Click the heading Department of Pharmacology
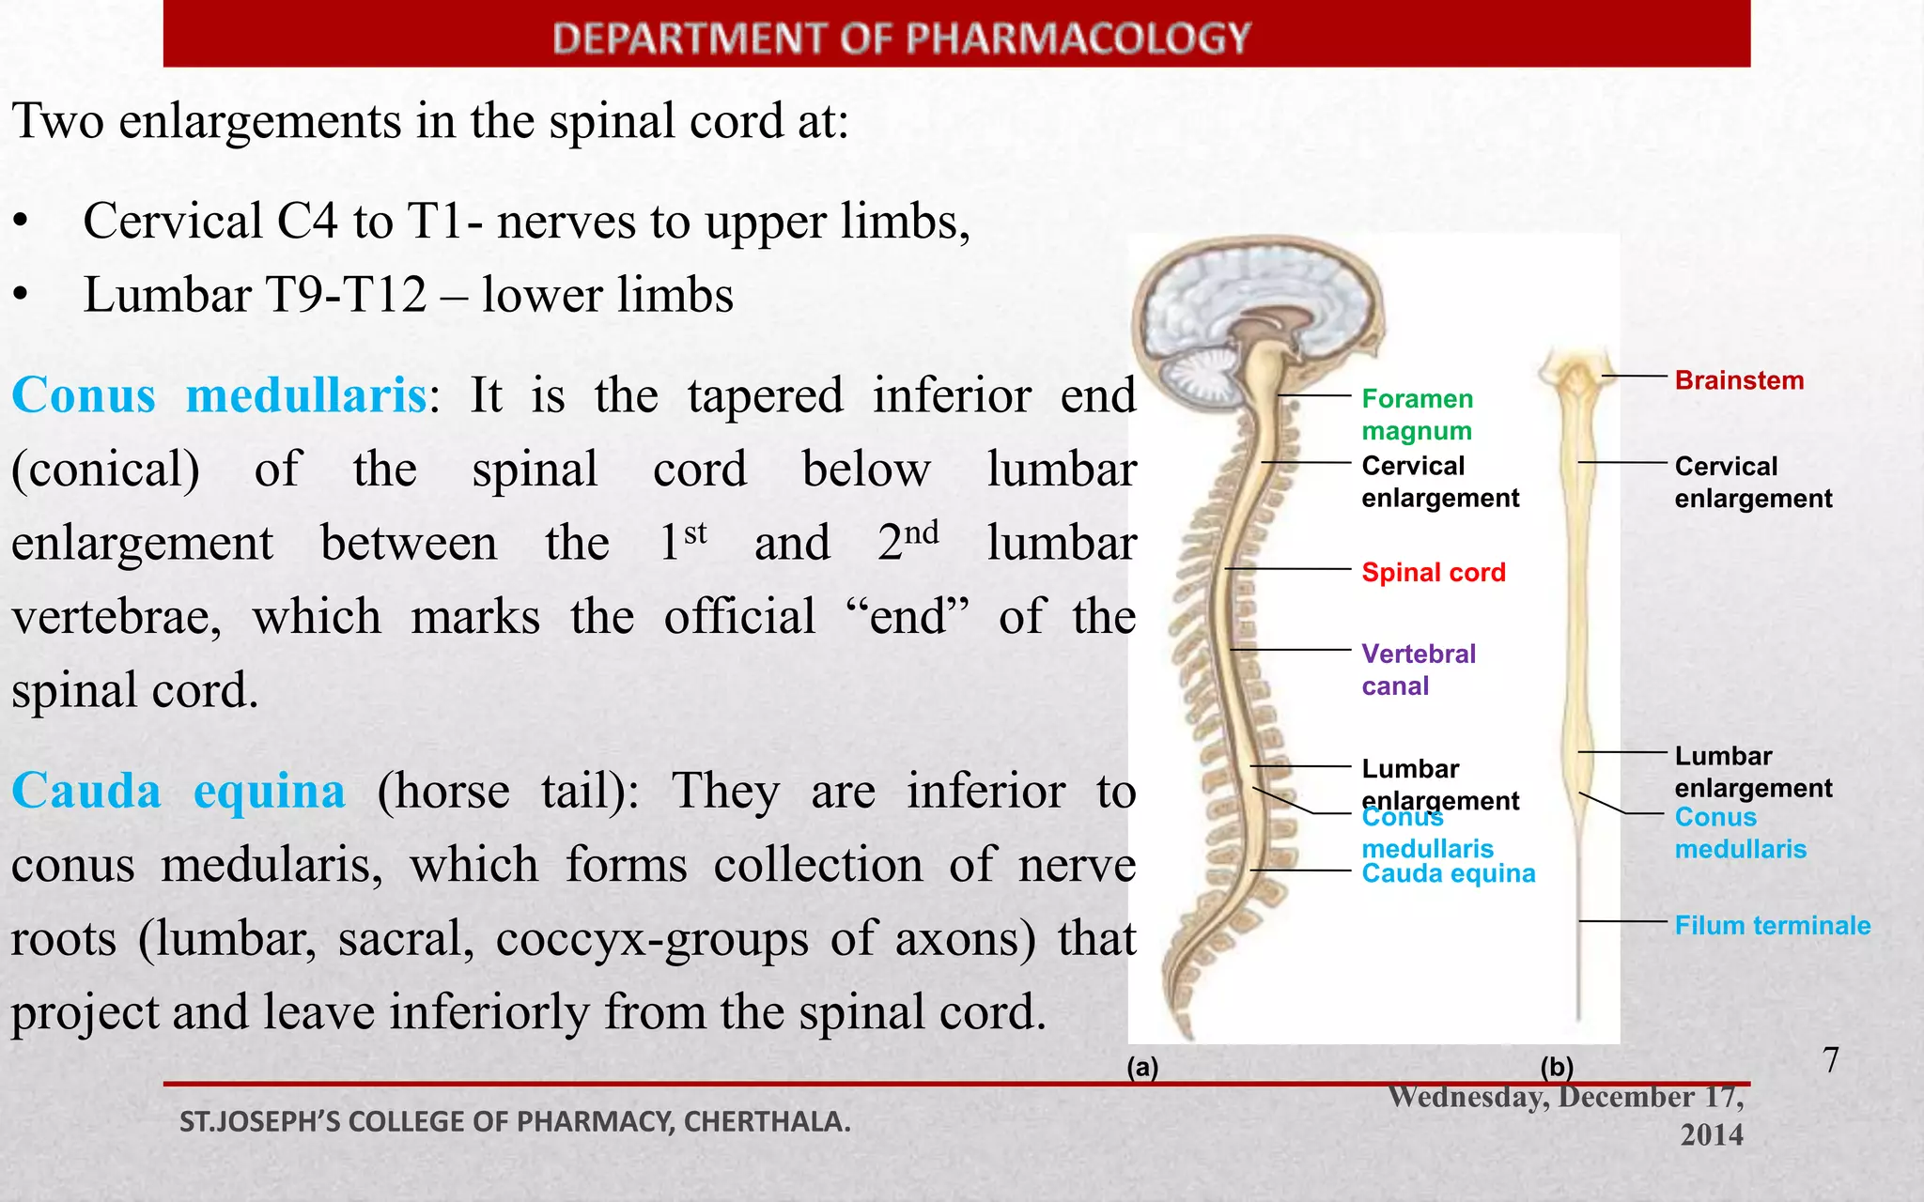click(901, 39)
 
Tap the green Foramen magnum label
click(1417, 414)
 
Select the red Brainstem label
click(1739, 380)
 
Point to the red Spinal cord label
click(1433, 572)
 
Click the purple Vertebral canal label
click(1418, 670)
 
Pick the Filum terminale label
click(1772, 925)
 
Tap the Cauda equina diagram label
click(1448, 873)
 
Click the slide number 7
click(1830, 1060)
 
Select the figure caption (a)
click(1142, 1067)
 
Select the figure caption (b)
click(1556, 1067)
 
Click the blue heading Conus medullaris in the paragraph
click(219, 395)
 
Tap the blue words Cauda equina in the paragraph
click(178, 791)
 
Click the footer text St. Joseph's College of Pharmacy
click(515, 1121)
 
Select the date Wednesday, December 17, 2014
click(1566, 1115)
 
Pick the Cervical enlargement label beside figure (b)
click(1752, 482)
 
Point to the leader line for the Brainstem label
click(1634, 377)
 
